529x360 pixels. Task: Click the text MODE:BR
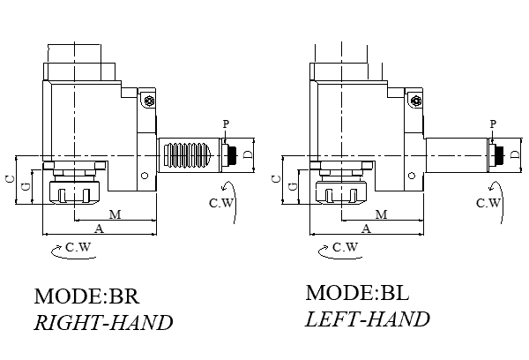pyautogui.click(x=87, y=296)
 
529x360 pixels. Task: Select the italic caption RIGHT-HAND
pyautogui.click(x=103, y=323)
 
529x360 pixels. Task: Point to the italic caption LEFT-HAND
pyautogui.click(x=367, y=319)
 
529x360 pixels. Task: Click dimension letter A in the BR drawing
pyautogui.click(x=99, y=229)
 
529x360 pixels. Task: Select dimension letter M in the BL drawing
pyautogui.click(x=382, y=214)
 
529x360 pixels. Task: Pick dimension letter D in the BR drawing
pyautogui.click(x=248, y=154)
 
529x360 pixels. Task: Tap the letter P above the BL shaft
pyautogui.click(x=492, y=124)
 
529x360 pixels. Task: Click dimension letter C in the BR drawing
pyautogui.click(x=8, y=179)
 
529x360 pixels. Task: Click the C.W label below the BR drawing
pyautogui.click(x=78, y=248)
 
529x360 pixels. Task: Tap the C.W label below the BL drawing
pyautogui.click(x=345, y=248)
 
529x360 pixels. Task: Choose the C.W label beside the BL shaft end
pyautogui.click(x=488, y=203)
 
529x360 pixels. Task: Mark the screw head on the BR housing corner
pyautogui.click(x=151, y=101)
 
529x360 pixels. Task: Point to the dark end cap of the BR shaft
pyautogui.click(x=232, y=155)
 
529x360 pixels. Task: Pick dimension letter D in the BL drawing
pyautogui.click(x=515, y=154)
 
